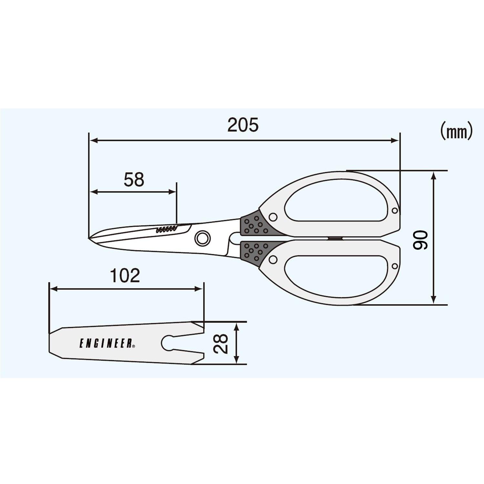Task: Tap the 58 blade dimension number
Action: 134,180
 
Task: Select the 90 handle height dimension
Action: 420,240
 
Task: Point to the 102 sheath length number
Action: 125,276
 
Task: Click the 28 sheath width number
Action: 221,344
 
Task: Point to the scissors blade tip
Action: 89,238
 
